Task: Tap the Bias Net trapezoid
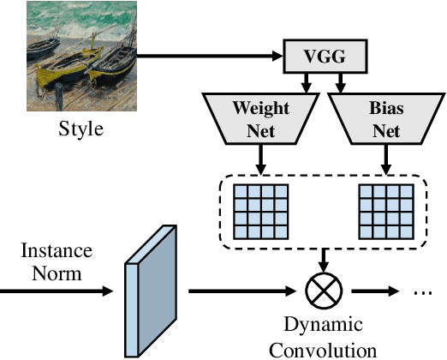coord(384,117)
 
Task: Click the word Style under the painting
coord(82,130)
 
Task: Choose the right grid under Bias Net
coord(384,210)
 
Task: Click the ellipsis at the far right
coord(421,292)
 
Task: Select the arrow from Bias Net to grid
coord(384,160)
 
